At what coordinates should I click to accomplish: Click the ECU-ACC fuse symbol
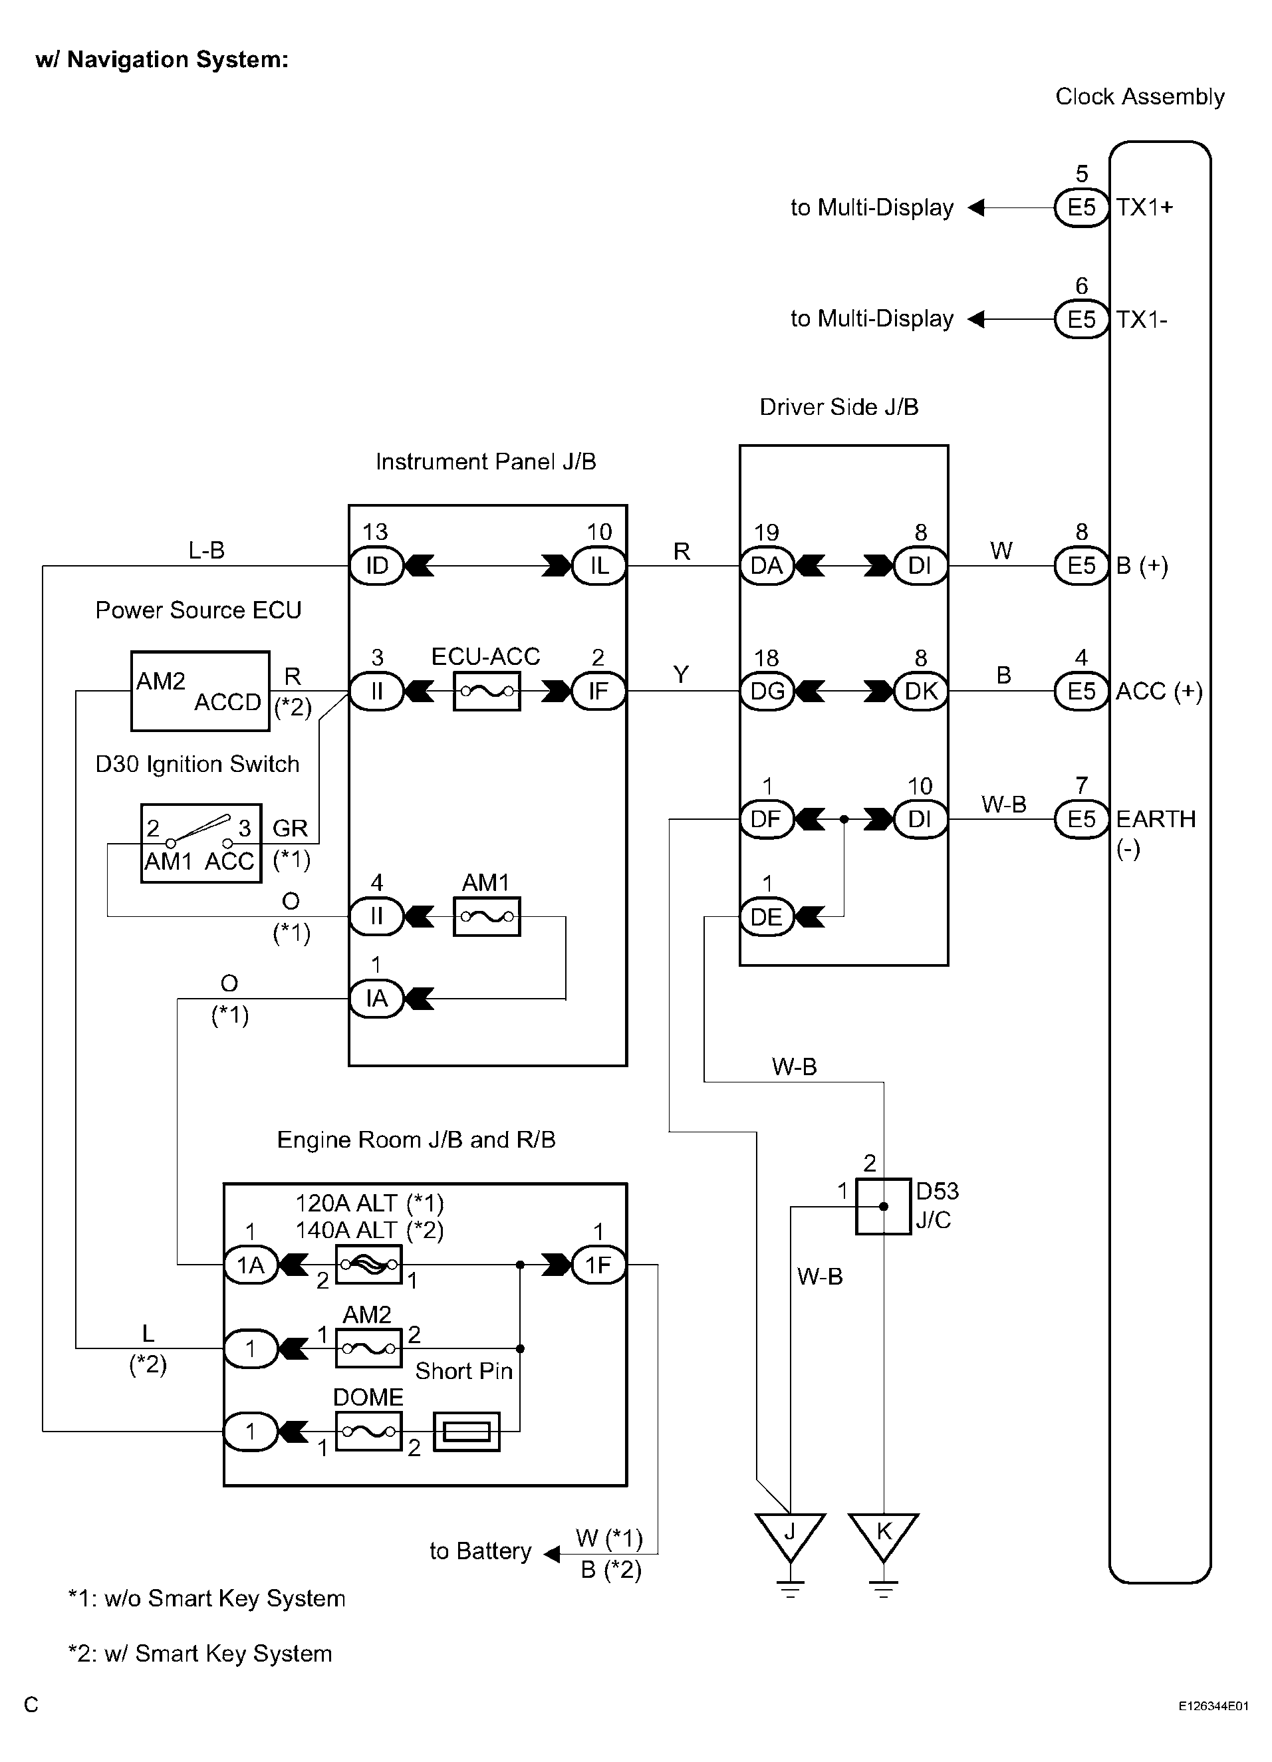pyautogui.click(x=487, y=691)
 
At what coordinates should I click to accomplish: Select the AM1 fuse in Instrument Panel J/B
pyautogui.click(x=487, y=917)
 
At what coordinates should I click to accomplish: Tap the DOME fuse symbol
pyautogui.click(x=369, y=1431)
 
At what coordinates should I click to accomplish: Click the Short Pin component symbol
pyautogui.click(x=466, y=1431)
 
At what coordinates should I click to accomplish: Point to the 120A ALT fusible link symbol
pyautogui.click(x=369, y=1265)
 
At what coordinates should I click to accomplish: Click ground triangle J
pyautogui.click(x=790, y=1536)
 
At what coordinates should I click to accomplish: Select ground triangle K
pyautogui.click(x=884, y=1536)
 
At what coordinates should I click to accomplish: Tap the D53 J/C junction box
pyautogui.click(x=884, y=1207)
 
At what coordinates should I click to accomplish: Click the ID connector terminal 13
pyautogui.click(x=377, y=566)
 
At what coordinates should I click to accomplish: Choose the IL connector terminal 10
pyautogui.click(x=599, y=566)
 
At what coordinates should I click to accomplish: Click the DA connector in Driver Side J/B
pyautogui.click(x=767, y=566)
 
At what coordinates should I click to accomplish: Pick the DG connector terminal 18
pyautogui.click(x=767, y=691)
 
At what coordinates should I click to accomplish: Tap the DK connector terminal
pyautogui.click(x=921, y=691)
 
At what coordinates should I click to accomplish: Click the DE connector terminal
pyautogui.click(x=767, y=917)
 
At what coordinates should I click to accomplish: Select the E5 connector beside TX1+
pyautogui.click(x=1082, y=207)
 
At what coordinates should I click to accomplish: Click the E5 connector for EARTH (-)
pyautogui.click(x=1082, y=819)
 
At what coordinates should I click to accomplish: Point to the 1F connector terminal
pyautogui.click(x=599, y=1265)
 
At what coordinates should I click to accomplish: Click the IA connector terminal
pyautogui.click(x=377, y=998)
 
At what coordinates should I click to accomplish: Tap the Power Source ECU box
pyautogui.click(x=200, y=691)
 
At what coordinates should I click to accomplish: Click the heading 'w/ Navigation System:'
pyautogui.click(x=162, y=60)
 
